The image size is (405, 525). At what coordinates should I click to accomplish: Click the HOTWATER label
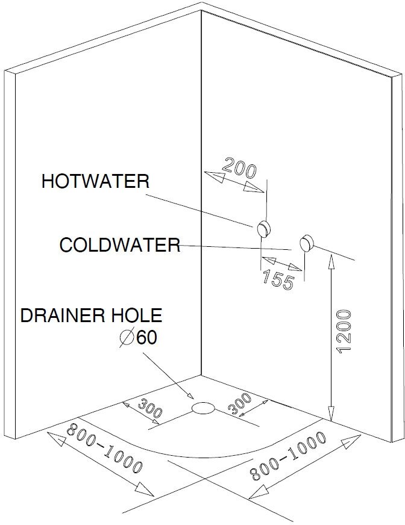click(x=95, y=181)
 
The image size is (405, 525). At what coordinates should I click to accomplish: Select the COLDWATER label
click(x=119, y=245)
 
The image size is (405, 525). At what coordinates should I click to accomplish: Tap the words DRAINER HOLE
click(x=91, y=315)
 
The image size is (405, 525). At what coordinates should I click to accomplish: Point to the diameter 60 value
click(x=146, y=338)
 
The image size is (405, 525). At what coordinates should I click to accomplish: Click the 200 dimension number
click(x=240, y=167)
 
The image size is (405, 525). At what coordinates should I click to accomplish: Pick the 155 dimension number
click(x=278, y=279)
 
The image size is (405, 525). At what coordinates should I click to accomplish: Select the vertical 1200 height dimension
click(x=344, y=332)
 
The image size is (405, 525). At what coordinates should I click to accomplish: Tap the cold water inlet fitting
click(x=307, y=243)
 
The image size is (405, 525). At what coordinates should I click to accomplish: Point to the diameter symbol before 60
click(x=127, y=338)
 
